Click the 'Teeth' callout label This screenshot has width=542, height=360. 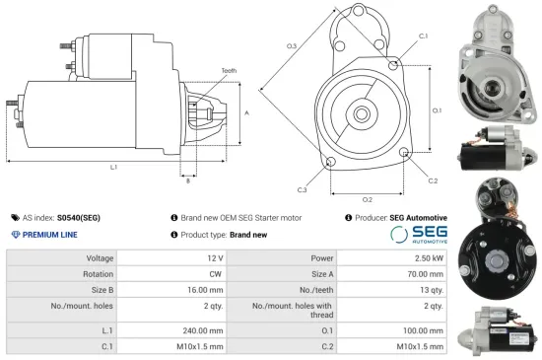pos(229,71)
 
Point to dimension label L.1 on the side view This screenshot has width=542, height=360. pos(114,168)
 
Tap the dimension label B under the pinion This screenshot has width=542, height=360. pos(188,180)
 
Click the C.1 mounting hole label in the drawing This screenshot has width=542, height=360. pos(423,36)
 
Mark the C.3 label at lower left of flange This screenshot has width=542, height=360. pos(302,189)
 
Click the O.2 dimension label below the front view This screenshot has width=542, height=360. pos(368,200)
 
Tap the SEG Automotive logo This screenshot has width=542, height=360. pos(419,235)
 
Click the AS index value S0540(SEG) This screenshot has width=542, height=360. pos(78,217)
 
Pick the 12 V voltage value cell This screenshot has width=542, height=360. pos(214,257)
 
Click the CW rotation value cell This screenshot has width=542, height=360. pos(216,275)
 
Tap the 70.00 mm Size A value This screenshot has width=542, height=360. pos(427,275)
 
